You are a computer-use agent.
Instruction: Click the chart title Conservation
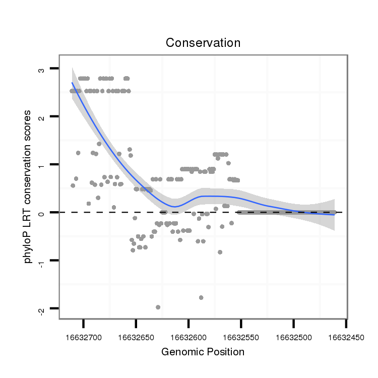(203, 43)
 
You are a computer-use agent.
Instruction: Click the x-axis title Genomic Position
(203, 352)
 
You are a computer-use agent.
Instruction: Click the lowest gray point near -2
(158, 307)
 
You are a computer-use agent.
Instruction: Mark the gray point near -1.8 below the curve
(201, 297)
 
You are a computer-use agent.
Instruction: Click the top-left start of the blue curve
(72, 83)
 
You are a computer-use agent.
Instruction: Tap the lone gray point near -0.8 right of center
(220, 252)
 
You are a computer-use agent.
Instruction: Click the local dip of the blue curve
(174, 206)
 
